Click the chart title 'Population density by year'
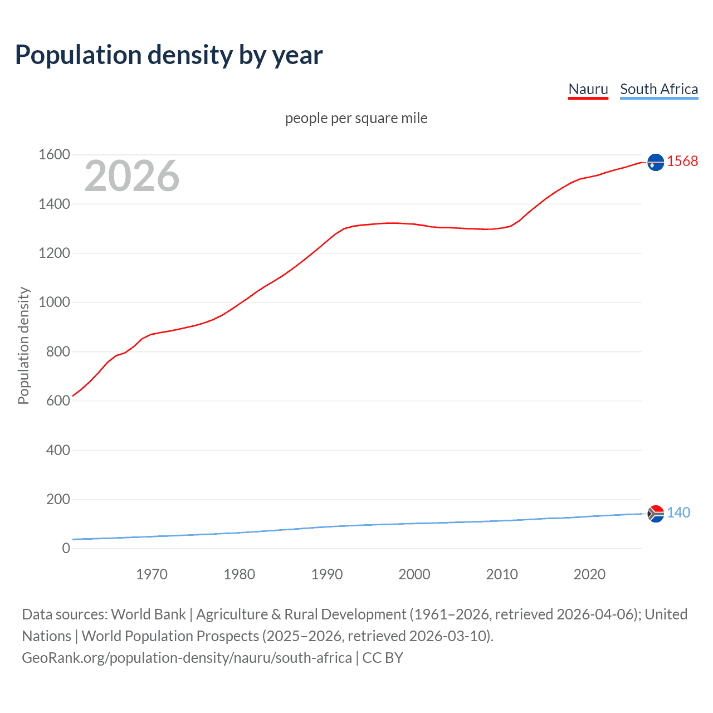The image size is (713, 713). (169, 55)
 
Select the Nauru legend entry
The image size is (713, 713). (588, 89)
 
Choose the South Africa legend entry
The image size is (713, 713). (658, 89)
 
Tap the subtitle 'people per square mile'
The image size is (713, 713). (356, 118)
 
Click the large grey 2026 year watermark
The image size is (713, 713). (132, 176)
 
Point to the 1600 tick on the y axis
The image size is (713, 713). (54, 155)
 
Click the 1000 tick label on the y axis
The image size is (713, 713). (54, 302)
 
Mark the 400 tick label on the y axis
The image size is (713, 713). (58, 450)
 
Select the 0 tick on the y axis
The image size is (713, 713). (66, 548)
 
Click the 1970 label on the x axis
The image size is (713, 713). (152, 574)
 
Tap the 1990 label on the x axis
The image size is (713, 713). (327, 574)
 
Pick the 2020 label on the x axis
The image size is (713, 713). (589, 574)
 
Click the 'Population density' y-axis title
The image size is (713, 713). (23, 345)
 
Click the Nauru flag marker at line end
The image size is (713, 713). (656, 162)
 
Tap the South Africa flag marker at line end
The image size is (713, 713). (656, 513)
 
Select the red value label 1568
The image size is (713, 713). (682, 161)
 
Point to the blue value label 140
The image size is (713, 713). (678, 512)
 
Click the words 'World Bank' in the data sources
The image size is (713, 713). (148, 614)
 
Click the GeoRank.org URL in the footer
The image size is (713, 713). (187, 658)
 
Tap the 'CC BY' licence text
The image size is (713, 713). (383, 658)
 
